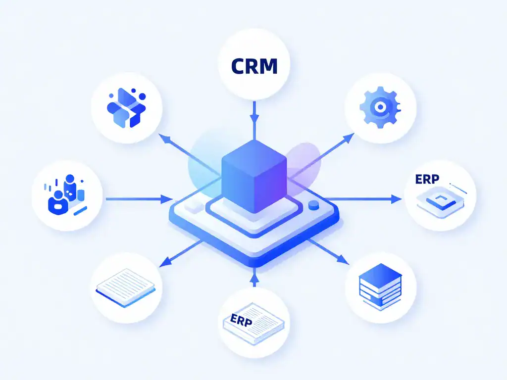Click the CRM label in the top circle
click(254, 66)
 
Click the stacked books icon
click(380, 286)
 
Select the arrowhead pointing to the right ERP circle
click(396, 199)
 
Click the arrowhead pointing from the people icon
click(167, 199)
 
